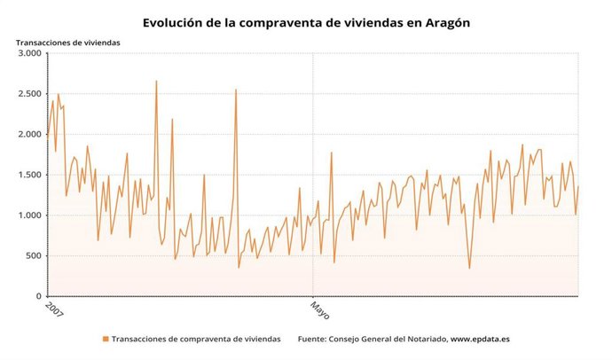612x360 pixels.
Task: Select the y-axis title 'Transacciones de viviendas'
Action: point(67,42)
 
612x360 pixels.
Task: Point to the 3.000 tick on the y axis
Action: point(27,53)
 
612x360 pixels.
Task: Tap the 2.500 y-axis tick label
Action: point(27,94)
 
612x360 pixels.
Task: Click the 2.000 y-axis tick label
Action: point(27,135)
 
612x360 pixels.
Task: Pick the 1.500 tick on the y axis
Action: point(27,175)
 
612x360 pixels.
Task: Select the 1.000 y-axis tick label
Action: point(27,215)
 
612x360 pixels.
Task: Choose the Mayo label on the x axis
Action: point(319,310)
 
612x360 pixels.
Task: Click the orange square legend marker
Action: point(106,339)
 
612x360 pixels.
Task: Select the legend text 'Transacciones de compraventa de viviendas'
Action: point(196,339)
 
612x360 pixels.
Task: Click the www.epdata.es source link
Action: point(486,339)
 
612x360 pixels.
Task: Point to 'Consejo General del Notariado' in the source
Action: point(388,339)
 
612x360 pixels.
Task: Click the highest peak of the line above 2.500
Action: point(156,81)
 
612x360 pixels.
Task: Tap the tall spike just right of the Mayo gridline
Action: point(331,153)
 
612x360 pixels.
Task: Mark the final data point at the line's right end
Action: point(578,185)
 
